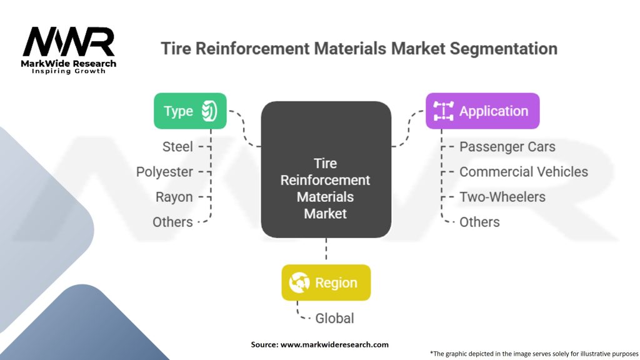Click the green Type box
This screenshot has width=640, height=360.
(x=190, y=111)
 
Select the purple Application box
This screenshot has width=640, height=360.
(x=482, y=111)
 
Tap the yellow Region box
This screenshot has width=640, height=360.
(x=326, y=282)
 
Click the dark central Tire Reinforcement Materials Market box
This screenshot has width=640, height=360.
(x=326, y=169)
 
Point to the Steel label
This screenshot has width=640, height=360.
(x=177, y=147)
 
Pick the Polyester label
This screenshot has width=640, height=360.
(x=164, y=172)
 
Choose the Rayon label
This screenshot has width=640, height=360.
(x=174, y=197)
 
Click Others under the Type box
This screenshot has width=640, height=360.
(x=172, y=222)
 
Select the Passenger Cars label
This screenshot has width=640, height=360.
(x=507, y=147)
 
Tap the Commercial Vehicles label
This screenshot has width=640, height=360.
(x=524, y=172)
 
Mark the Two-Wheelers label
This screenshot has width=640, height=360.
(x=502, y=197)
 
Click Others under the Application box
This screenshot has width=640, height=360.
(x=479, y=222)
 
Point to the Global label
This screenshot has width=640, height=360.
(x=335, y=318)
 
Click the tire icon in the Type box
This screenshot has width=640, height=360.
(x=209, y=111)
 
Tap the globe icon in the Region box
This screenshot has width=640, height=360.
(x=299, y=282)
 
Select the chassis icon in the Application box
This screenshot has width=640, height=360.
(x=443, y=111)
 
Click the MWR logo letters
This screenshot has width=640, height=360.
(x=69, y=41)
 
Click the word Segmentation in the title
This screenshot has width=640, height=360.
(x=504, y=49)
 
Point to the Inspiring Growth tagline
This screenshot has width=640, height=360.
(x=69, y=71)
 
